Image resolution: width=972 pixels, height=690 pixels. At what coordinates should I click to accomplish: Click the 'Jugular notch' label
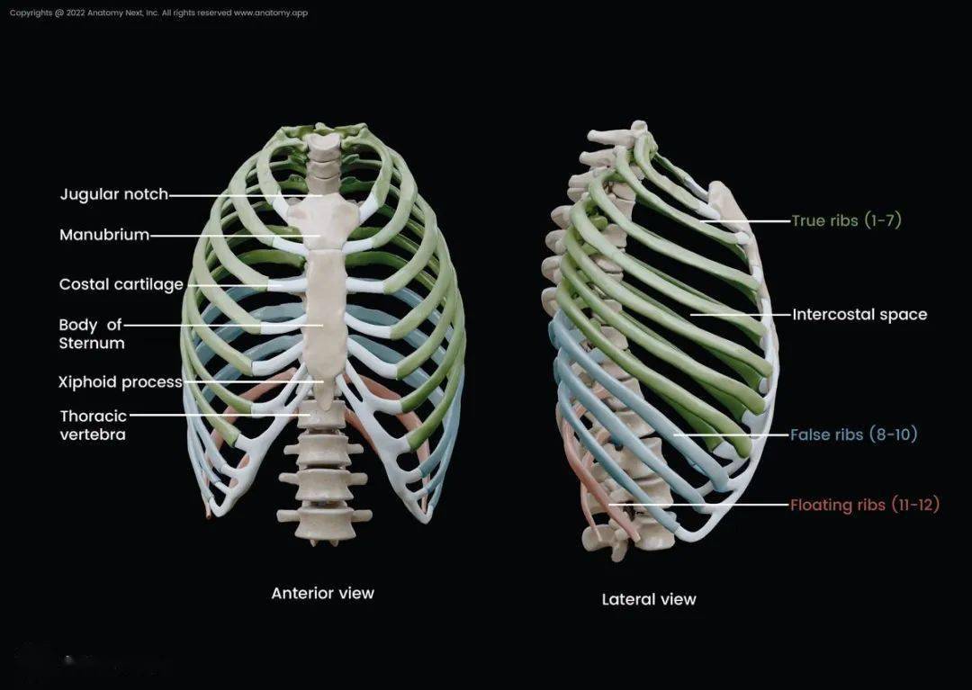114,194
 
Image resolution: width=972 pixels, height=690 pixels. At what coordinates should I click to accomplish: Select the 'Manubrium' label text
104,235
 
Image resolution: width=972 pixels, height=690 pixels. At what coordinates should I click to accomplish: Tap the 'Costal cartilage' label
121,284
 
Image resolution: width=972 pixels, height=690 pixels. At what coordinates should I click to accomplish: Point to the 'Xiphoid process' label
121,382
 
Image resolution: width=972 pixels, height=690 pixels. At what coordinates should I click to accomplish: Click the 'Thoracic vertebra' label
93,425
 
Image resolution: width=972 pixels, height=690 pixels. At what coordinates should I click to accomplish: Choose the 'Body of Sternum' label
92,334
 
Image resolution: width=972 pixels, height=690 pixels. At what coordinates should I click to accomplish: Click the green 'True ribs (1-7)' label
846,220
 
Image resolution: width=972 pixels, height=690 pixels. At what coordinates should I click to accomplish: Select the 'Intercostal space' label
859,315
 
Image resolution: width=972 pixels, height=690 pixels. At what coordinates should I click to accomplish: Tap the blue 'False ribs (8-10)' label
853,435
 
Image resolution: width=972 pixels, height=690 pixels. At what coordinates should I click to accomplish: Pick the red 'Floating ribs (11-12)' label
865,505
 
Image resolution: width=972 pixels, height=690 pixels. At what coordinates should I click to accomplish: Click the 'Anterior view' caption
323,594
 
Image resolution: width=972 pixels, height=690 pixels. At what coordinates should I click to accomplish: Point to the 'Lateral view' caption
649,599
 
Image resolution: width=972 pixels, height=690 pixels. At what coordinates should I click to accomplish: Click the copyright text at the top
158,13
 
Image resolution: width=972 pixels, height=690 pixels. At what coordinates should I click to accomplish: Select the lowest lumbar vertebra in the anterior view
324,524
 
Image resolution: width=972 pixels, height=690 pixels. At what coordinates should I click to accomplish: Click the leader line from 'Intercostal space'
741,315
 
